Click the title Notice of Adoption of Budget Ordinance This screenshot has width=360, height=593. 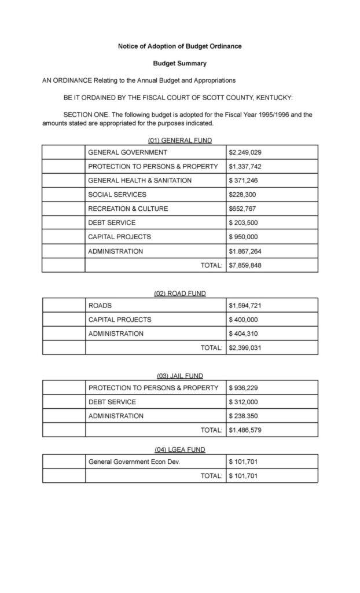tap(179, 46)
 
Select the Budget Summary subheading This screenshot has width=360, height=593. tap(179, 63)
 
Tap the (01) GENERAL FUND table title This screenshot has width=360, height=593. tap(179, 140)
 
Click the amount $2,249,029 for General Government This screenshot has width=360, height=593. tap(245, 152)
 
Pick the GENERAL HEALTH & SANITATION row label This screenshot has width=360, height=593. tap(139, 180)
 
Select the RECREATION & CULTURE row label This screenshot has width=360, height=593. tap(128, 208)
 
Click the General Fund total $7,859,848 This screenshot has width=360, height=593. tap(245, 265)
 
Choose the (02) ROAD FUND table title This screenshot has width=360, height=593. tap(179, 294)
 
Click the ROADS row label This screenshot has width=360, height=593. tap(100, 305)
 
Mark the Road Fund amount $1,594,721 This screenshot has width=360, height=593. tap(245, 305)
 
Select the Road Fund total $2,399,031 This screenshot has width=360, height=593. tap(245, 347)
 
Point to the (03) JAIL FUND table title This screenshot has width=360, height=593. tap(179, 376)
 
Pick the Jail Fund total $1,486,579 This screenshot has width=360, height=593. tap(245, 430)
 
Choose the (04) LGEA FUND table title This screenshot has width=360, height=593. tap(179, 449)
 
